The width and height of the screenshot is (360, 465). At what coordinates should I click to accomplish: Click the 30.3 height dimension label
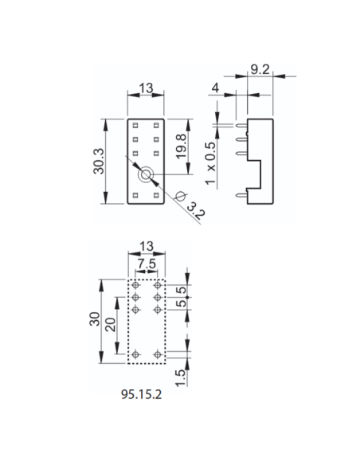point(99,161)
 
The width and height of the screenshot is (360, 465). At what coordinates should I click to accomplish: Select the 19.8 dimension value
point(181,147)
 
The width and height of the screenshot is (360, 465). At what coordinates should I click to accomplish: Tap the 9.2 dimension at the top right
point(260,69)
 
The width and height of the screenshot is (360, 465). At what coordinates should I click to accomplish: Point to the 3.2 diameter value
point(196,211)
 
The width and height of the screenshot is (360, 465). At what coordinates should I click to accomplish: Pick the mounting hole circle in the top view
point(146,174)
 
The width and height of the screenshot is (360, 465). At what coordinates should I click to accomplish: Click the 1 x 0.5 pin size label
point(211,163)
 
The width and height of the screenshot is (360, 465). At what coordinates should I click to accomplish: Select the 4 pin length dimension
point(215,88)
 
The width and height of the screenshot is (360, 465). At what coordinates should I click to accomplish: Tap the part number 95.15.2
point(142,394)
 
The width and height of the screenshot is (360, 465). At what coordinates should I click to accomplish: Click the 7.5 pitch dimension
point(147,264)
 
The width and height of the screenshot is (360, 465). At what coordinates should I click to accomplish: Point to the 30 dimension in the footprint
point(95,318)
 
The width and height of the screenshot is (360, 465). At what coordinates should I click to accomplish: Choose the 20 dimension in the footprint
point(110,325)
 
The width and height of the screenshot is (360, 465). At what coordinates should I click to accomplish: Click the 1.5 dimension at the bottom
point(180,377)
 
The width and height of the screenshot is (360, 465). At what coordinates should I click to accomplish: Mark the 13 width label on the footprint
point(147,246)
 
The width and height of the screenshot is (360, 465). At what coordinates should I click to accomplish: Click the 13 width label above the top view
point(146,88)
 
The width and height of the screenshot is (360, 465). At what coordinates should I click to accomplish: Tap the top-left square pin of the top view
point(135,126)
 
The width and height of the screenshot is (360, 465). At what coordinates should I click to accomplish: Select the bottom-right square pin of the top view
point(156,195)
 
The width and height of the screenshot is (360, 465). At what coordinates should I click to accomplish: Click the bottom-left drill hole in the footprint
point(135,354)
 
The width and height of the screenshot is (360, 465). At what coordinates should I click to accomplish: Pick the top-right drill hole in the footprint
point(158,285)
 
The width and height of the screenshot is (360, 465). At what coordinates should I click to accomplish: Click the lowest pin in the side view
point(241,195)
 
